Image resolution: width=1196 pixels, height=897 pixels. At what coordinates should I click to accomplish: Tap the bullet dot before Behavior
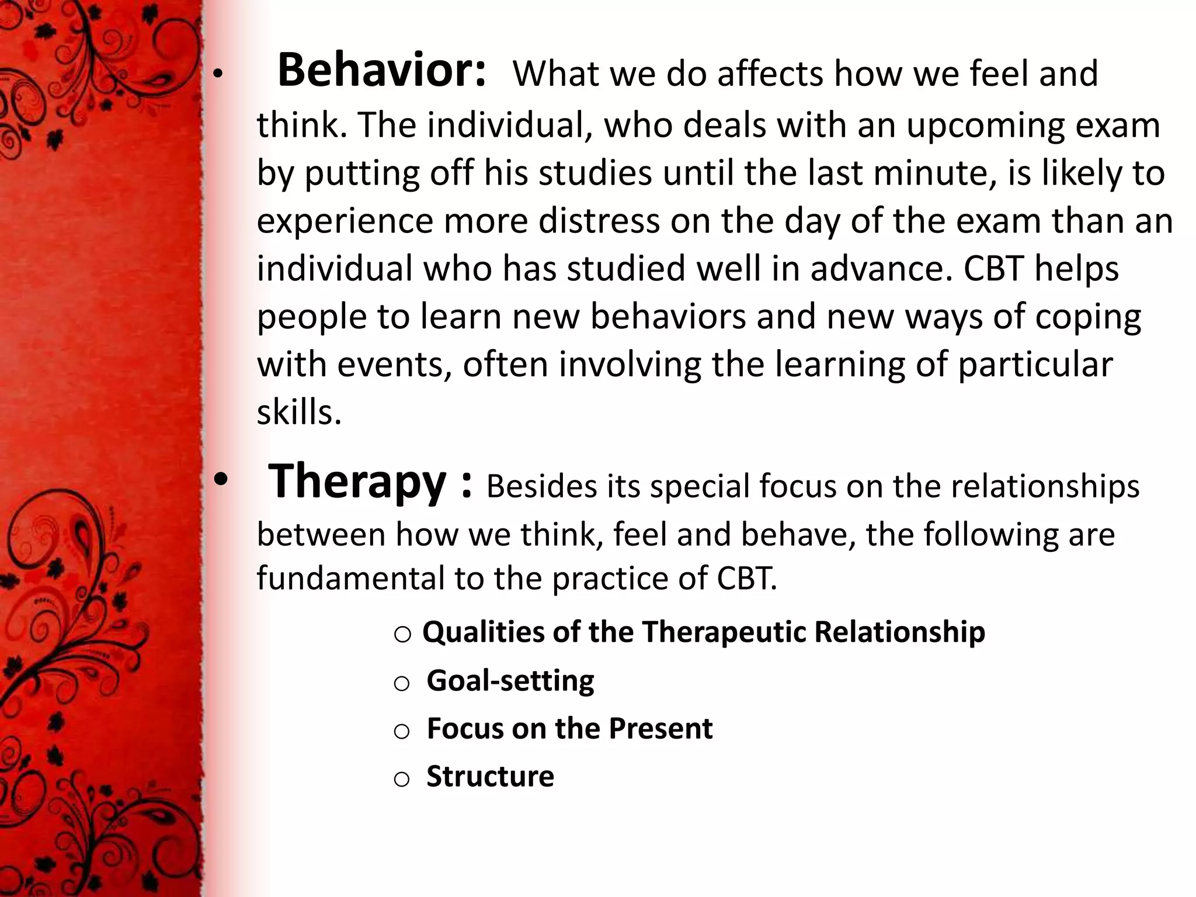[x=218, y=75]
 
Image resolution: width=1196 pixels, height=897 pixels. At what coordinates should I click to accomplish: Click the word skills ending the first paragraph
[x=298, y=412]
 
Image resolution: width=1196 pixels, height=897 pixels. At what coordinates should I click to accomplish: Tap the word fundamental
[x=350, y=578]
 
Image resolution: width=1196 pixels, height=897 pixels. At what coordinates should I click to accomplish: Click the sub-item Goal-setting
[x=510, y=681]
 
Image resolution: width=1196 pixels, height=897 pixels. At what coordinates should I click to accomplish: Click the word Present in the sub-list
[x=660, y=729]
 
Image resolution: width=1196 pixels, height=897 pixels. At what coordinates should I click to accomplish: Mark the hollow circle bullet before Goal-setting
[x=402, y=684]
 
